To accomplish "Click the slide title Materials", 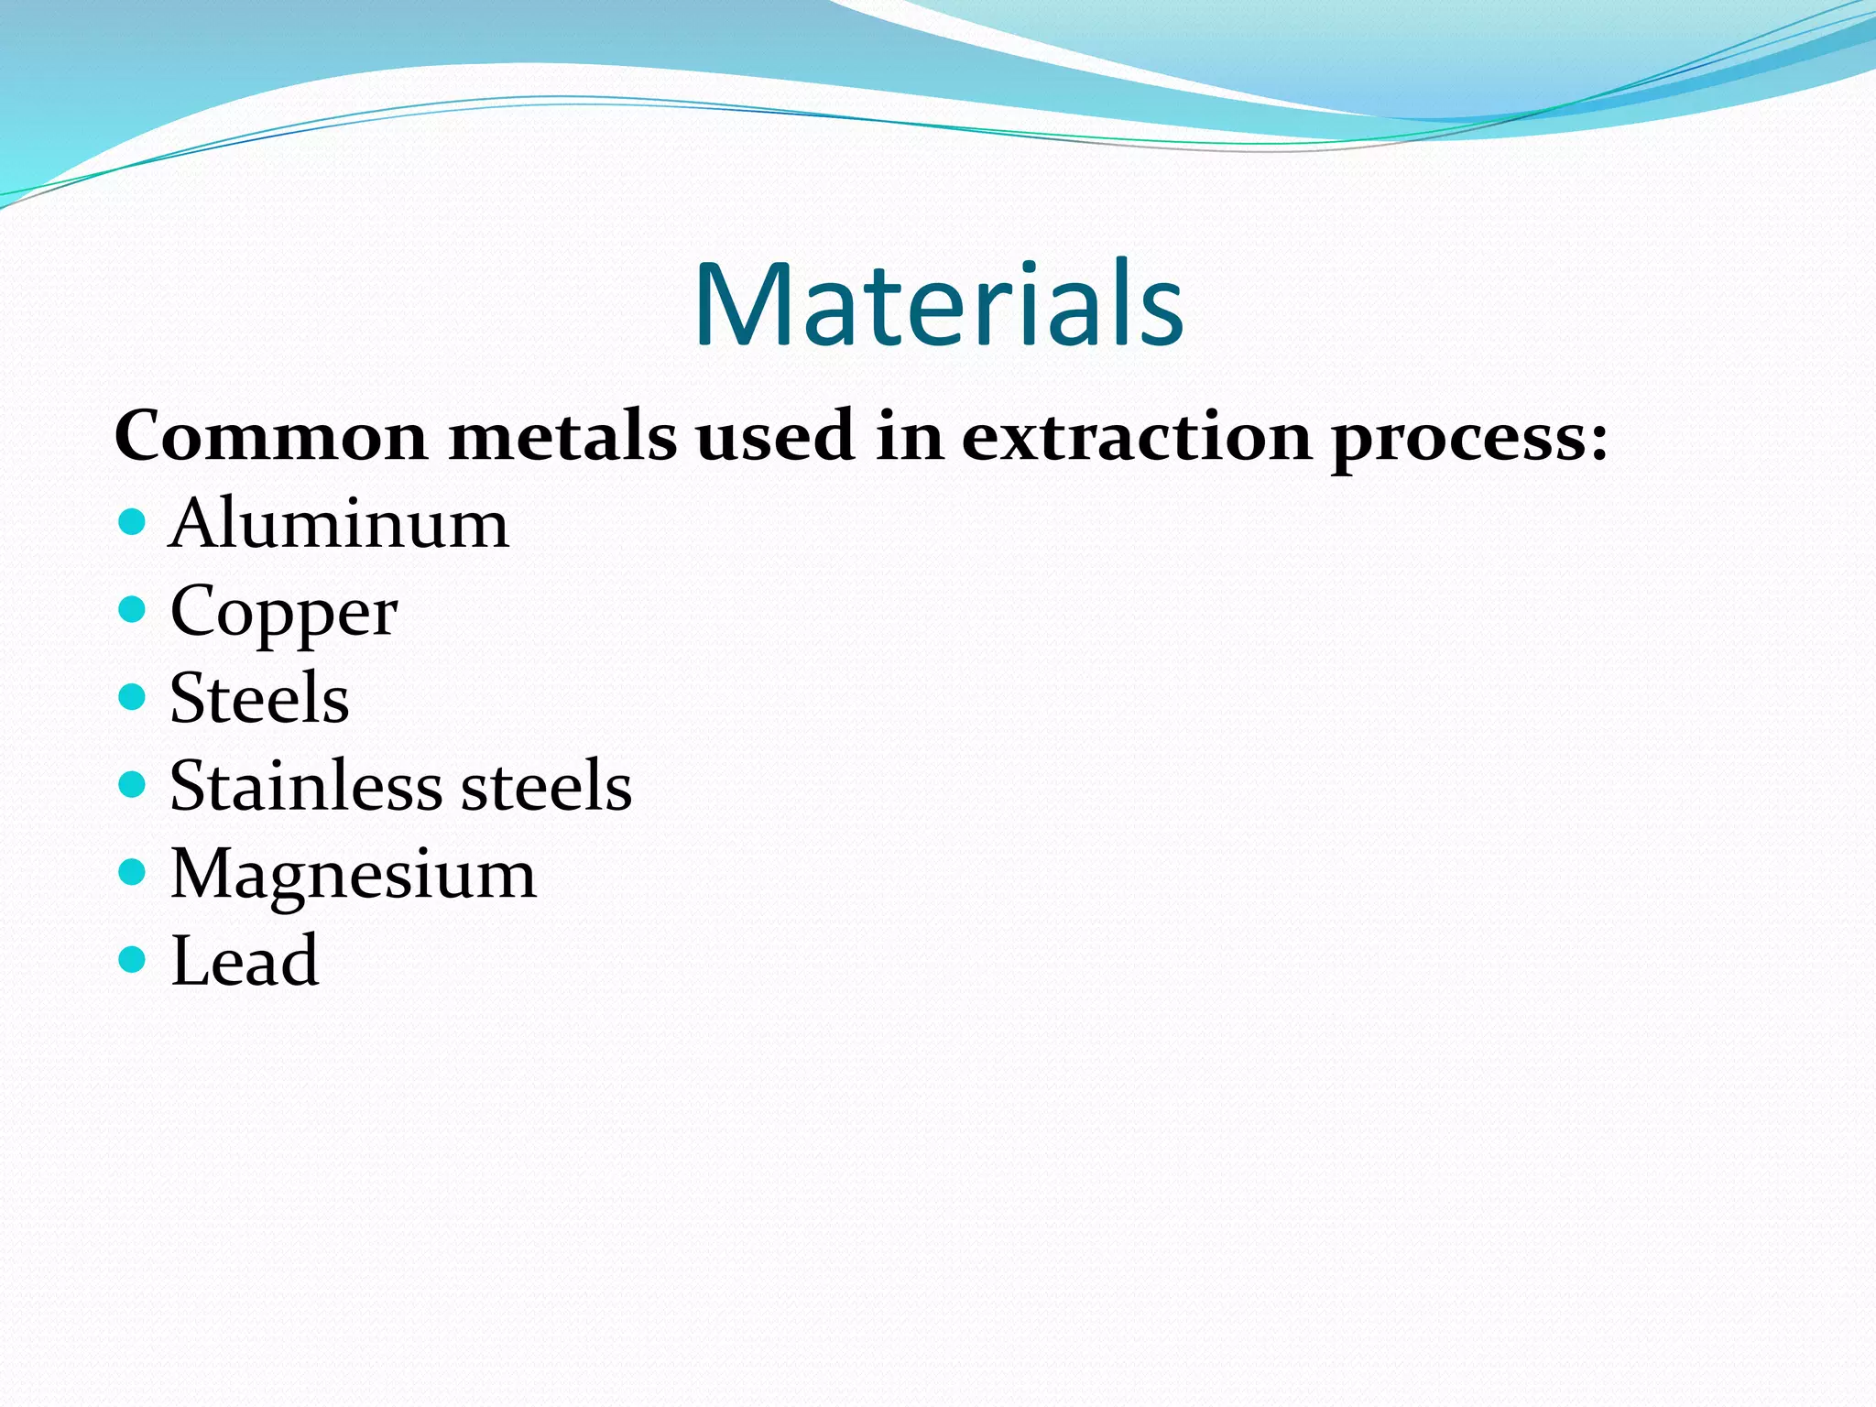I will (x=938, y=305).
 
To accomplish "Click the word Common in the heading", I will (x=271, y=437).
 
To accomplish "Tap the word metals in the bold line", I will (x=562, y=437).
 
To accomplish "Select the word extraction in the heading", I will (x=1136, y=437).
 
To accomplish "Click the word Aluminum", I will (x=339, y=524).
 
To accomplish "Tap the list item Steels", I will (x=259, y=699).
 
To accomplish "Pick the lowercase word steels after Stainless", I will (x=546, y=786).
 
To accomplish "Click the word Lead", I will (x=245, y=961).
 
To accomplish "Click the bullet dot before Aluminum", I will (x=133, y=522).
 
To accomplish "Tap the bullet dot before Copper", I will (x=133, y=609).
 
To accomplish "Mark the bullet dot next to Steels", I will (x=133, y=697).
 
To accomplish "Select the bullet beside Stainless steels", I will (x=133, y=784).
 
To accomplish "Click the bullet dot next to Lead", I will (x=133, y=959).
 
